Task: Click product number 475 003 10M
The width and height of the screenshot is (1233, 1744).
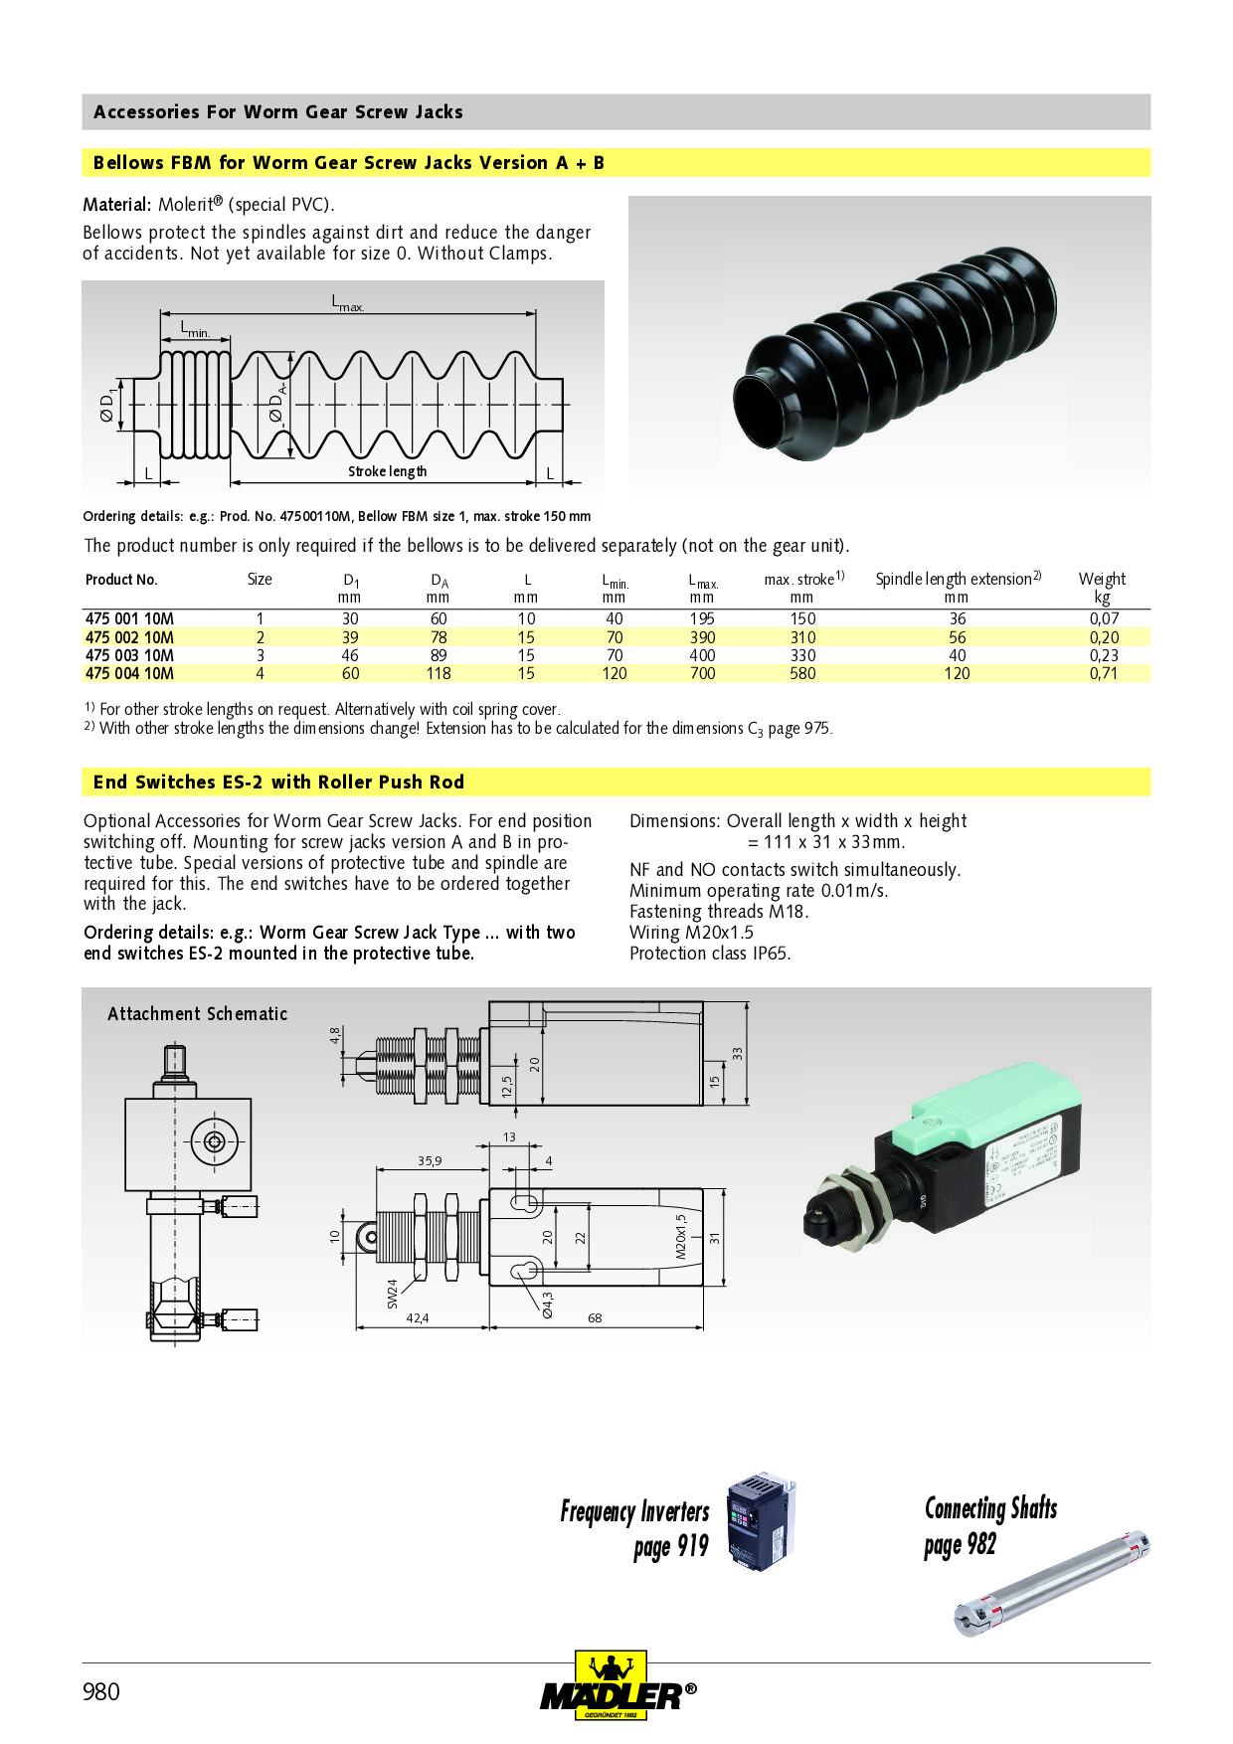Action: tap(129, 655)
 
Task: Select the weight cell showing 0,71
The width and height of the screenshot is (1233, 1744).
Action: tap(1103, 673)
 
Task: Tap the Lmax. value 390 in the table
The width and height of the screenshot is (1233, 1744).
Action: tap(702, 637)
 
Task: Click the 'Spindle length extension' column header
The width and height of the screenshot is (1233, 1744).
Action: tap(958, 579)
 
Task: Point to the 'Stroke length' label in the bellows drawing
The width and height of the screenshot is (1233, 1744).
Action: tap(387, 471)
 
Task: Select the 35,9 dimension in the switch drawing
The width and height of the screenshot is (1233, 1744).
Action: tap(430, 1160)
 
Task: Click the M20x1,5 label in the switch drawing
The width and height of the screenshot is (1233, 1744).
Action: tap(681, 1237)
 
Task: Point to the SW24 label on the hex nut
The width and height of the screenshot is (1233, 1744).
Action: tap(392, 1293)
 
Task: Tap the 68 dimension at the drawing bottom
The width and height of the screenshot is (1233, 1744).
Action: tap(595, 1318)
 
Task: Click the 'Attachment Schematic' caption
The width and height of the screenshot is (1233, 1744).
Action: tap(197, 1014)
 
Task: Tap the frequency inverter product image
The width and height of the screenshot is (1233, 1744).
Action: tap(761, 1521)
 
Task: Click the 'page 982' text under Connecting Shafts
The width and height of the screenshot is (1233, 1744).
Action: tap(960, 1545)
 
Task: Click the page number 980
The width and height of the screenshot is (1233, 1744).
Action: tap(100, 1691)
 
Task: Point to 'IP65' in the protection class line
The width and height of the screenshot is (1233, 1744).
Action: tap(770, 954)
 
